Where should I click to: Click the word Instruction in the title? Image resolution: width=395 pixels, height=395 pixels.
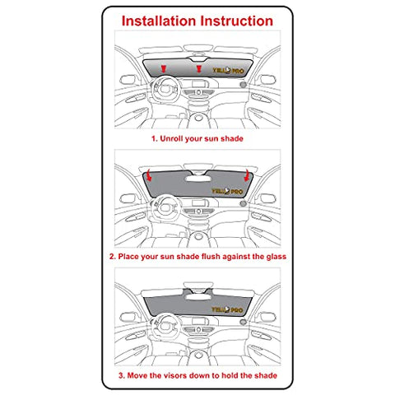(236, 21)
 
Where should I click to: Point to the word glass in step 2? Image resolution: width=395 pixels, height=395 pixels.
(276, 257)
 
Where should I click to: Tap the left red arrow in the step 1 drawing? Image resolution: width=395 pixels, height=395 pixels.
(164, 68)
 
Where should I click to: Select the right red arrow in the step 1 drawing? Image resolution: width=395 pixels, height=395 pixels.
(199, 68)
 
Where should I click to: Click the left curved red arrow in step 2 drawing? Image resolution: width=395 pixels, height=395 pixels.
(149, 175)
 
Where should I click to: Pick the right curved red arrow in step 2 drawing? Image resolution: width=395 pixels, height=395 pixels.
(247, 175)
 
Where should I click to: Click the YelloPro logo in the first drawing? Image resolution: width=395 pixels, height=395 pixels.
(228, 71)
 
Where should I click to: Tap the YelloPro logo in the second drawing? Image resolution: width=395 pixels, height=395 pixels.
(227, 191)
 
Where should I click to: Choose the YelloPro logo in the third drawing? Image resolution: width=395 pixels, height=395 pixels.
(227, 309)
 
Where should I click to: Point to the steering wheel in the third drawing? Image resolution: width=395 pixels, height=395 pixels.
(165, 328)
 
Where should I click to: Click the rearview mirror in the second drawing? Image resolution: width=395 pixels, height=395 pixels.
(198, 179)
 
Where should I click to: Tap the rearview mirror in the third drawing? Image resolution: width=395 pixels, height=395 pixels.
(198, 296)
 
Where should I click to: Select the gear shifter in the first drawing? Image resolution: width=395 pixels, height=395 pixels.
(198, 118)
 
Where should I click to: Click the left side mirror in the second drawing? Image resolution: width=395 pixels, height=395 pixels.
(128, 198)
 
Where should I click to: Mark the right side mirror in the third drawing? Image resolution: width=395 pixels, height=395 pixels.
(267, 317)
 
